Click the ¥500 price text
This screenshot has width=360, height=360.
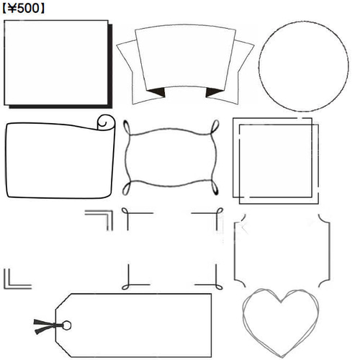[23, 9]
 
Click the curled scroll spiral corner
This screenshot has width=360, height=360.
[106, 122]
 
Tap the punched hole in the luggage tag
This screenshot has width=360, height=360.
[66, 325]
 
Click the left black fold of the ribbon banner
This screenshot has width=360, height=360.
[157, 92]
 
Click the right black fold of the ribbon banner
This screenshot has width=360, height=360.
[214, 92]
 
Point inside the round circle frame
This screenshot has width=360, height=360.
[304, 66]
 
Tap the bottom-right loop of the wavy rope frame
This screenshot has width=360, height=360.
[215, 187]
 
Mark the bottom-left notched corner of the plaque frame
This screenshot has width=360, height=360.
[240, 282]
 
